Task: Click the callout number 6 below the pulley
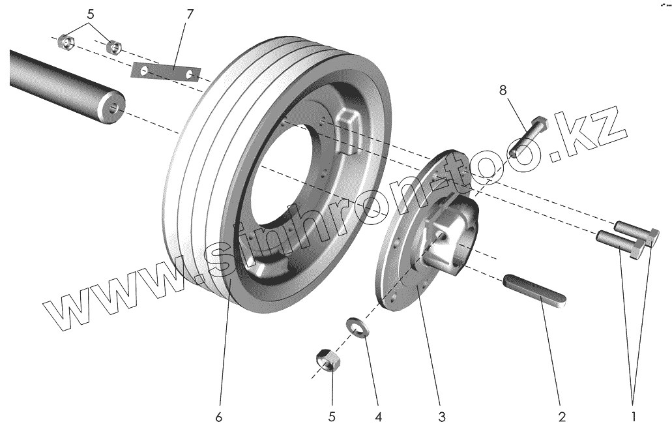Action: point(219,416)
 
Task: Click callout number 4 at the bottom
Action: point(379,416)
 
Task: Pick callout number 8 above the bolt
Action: point(503,91)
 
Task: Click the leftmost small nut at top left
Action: point(65,42)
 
